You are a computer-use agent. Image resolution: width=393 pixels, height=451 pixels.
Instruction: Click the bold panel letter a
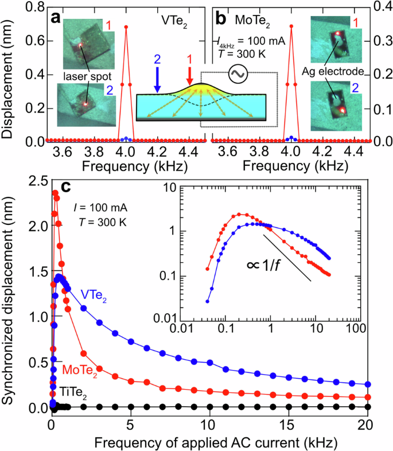pos(56,18)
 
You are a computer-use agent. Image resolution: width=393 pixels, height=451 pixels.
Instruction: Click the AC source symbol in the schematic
pos(236,72)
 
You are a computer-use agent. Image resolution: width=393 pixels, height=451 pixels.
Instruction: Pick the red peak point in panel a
pos(126,27)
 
